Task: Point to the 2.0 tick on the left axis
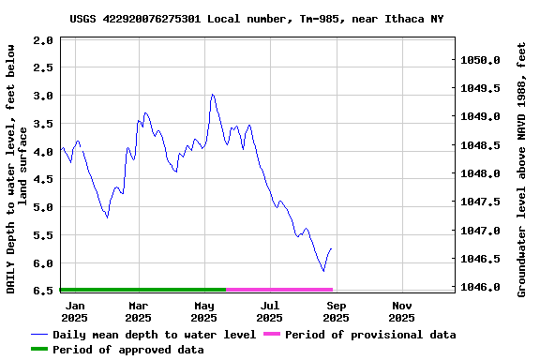(x=42, y=40)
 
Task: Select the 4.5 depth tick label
(x=42, y=179)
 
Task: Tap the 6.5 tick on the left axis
(x=42, y=291)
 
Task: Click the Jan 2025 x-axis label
(x=74, y=311)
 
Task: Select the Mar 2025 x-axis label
(x=139, y=311)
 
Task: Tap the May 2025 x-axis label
(x=204, y=311)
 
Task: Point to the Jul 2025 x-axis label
(x=270, y=311)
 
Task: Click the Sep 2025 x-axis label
(x=337, y=311)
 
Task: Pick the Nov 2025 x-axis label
(x=402, y=311)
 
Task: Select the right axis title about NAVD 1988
(x=522, y=169)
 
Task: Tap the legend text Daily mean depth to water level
(x=154, y=335)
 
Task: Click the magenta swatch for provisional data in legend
(x=272, y=335)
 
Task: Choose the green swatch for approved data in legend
(x=38, y=350)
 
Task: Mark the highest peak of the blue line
(x=213, y=95)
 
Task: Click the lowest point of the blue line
(x=323, y=271)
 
